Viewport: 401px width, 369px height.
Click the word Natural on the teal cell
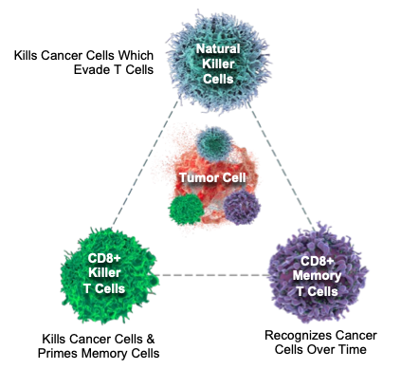click(218, 48)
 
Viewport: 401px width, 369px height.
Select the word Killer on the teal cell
click(218, 64)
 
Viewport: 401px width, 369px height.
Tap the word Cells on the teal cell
click(218, 79)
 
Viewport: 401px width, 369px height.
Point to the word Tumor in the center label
click(196, 176)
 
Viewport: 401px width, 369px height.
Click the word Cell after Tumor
click(230, 176)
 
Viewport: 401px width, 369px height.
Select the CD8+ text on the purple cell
click(319, 261)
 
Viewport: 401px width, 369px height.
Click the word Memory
click(319, 276)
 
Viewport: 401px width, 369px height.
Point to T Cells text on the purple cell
click(319, 291)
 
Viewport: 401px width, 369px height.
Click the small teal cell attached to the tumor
click(213, 143)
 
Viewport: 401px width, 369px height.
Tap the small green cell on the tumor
click(184, 210)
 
